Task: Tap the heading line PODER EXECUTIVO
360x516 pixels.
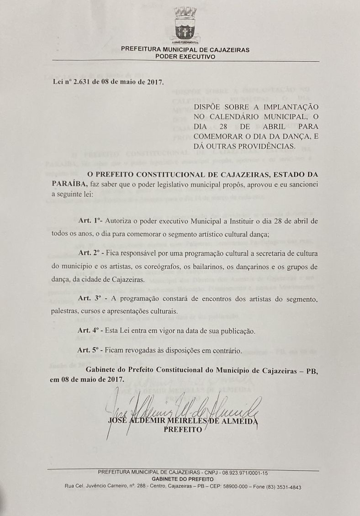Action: [x=185, y=57]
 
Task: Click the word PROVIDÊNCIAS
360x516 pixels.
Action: [x=263, y=146]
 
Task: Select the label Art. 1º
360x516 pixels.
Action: [x=90, y=221]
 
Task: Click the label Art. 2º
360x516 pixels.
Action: [x=89, y=253]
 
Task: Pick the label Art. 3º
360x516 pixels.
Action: [x=89, y=299]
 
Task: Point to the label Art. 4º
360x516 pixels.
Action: [x=89, y=331]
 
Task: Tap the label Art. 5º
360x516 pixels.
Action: [x=89, y=350]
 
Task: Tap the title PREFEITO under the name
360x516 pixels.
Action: [x=183, y=430]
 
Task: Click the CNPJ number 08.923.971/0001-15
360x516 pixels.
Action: [x=244, y=473]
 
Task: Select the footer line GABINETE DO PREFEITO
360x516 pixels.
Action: [x=183, y=479]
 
